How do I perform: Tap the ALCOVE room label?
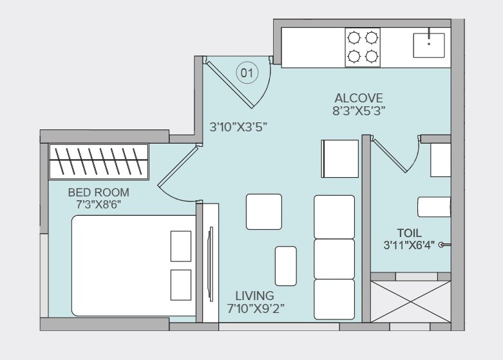(x=359, y=99)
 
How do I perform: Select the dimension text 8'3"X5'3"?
(x=359, y=110)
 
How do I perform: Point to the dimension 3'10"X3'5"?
(x=239, y=127)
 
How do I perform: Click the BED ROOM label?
(x=99, y=192)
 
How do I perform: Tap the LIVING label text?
(x=254, y=296)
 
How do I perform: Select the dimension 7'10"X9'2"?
(x=256, y=308)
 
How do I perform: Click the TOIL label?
(x=409, y=232)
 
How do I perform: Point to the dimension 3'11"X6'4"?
(x=409, y=245)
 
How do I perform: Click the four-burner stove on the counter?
(x=363, y=48)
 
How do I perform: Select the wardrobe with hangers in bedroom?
(x=99, y=162)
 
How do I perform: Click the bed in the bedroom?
(x=133, y=265)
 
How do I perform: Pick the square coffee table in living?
(x=263, y=211)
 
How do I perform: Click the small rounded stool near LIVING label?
(x=285, y=265)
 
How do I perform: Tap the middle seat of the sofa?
(x=334, y=258)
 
